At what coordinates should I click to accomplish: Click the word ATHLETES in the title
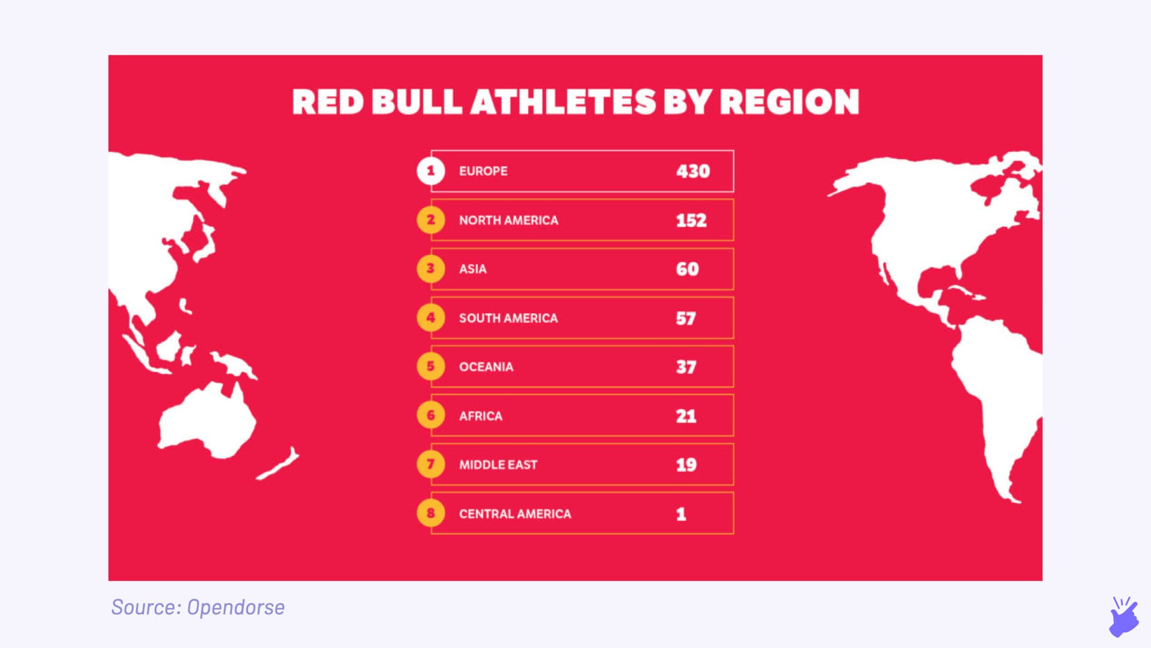click(564, 101)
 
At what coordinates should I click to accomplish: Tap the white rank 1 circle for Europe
click(430, 171)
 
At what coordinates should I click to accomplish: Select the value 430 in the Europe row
click(693, 172)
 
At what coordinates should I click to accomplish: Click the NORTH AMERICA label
click(508, 220)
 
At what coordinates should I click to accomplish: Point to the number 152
click(691, 220)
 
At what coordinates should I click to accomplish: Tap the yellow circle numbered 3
click(430, 269)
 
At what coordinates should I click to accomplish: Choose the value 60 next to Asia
click(688, 269)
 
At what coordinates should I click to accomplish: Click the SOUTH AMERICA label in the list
click(508, 318)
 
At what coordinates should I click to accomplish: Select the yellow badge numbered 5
click(430, 367)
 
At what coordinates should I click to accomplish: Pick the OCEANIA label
click(486, 367)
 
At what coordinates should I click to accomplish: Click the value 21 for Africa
click(686, 416)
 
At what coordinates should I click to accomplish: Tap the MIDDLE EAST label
click(498, 464)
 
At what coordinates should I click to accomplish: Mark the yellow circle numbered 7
click(430, 464)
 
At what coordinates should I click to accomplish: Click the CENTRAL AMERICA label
click(515, 514)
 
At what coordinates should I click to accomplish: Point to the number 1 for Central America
click(681, 514)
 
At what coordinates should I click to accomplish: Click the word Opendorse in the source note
click(236, 607)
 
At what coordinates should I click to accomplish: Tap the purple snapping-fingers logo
click(1123, 617)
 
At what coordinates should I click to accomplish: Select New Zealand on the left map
click(279, 464)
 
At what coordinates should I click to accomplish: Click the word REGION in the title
click(790, 101)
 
